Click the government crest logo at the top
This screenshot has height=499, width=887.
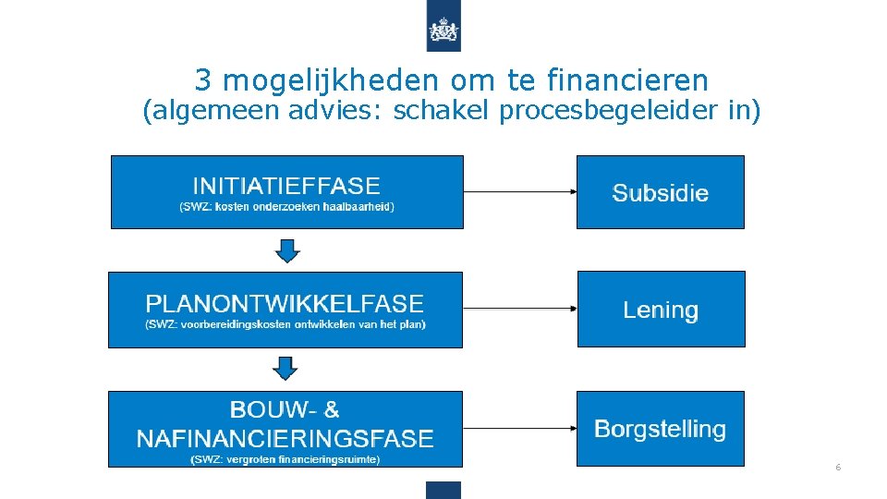pyautogui.click(x=443, y=31)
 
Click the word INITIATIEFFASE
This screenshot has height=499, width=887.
pyautogui.click(x=286, y=186)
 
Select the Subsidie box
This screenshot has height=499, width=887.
pyautogui.click(x=660, y=192)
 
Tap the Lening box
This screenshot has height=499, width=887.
pyautogui.click(x=660, y=310)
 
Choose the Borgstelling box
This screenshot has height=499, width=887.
pyautogui.click(x=660, y=429)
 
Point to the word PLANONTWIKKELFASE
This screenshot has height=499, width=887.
pyautogui.click(x=285, y=303)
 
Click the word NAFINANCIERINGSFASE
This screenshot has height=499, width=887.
pyautogui.click(x=285, y=437)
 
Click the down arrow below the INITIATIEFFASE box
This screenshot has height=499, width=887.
pyautogui.click(x=286, y=250)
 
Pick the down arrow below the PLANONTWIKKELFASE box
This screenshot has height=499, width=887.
pyautogui.click(x=286, y=369)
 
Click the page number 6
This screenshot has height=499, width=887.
pyautogui.click(x=838, y=468)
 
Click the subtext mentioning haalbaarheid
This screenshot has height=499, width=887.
pyautogui.click(x=286, y=207)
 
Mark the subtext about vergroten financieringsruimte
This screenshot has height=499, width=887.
pyautogui.click(x=285, y=459)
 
